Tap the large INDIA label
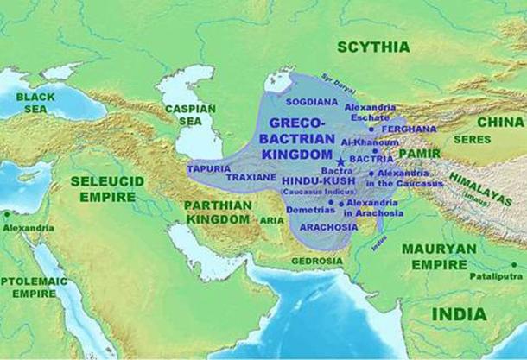tap(459, 313)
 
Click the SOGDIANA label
tap(290, 99)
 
